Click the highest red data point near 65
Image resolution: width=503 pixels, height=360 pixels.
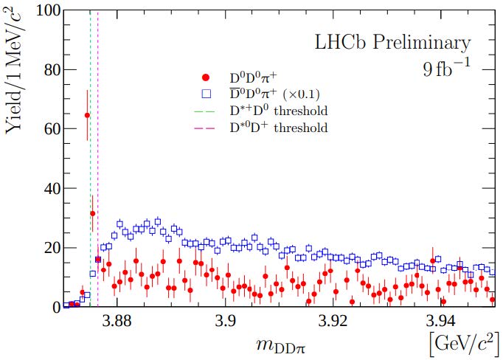tap(87, 115)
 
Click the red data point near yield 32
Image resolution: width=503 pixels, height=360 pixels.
tap(92, 213)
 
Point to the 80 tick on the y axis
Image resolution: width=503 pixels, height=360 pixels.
tap(48, 70)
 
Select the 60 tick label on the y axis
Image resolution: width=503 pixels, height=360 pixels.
tap(48, 129)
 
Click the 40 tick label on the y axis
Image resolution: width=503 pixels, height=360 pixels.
tap(48, 188)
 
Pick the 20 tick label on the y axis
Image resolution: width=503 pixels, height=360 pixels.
tap(48, 247)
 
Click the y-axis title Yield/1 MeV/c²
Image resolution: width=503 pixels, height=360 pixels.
tap(16, 72)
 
